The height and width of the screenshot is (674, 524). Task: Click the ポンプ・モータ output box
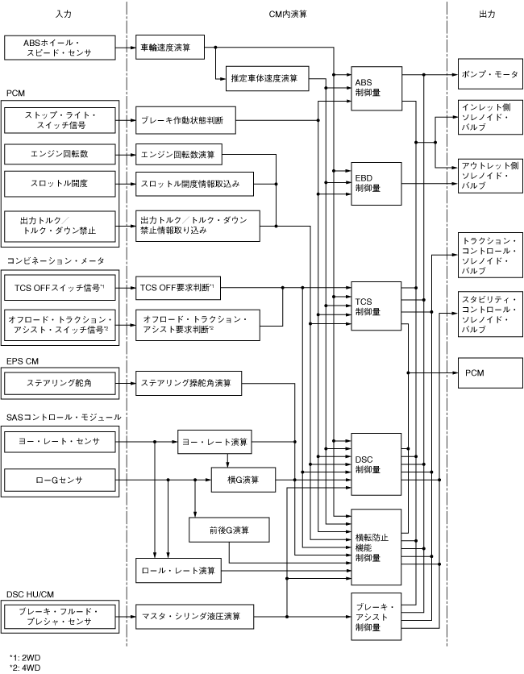489,73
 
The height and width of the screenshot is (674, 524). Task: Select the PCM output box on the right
489,372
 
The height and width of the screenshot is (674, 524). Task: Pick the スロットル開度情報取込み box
197,185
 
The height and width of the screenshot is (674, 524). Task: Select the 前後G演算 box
230,530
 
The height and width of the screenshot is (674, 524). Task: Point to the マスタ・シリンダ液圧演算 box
197,617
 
